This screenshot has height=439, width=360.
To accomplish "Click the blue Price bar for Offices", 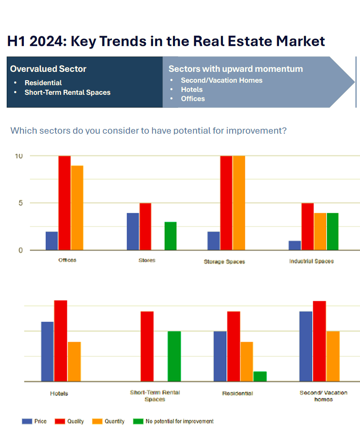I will [x=52, y=241].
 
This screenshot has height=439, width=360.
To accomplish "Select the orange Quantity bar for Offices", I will [x=77, y=208].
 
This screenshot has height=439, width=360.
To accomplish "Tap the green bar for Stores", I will [x=170, y=236].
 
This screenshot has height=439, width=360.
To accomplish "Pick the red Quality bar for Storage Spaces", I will [x=226, y=203].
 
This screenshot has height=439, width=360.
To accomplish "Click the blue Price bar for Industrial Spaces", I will [x=294, y=246].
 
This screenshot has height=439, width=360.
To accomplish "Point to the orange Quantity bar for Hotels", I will [x=74, y=362].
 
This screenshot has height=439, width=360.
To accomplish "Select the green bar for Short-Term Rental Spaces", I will [x=174, y=356].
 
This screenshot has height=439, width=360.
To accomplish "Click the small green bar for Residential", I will [x=260, y=376].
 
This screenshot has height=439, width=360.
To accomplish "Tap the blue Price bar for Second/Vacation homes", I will [x=306, y=346].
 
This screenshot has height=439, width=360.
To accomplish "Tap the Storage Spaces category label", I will [x=224, y=261].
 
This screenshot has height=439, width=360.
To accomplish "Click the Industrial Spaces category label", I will [x=311, y=261].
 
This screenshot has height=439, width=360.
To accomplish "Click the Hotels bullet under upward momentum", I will [x=192, y=89].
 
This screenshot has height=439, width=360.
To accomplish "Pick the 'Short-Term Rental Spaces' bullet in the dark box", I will [x=67, y=92].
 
